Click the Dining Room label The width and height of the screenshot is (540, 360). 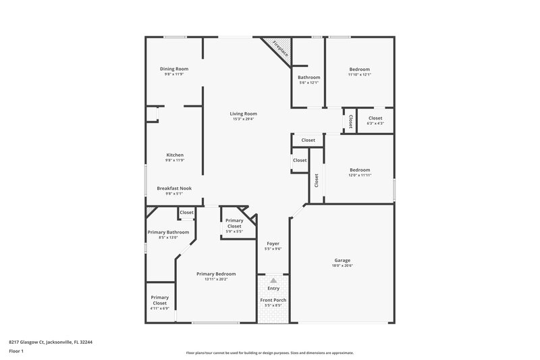pos(173,69)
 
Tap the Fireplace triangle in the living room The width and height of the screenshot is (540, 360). pos(277,49)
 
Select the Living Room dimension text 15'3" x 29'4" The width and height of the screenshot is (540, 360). pos(243,120)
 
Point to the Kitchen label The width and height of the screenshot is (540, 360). pos(174,155)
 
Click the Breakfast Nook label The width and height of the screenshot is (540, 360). pos(174,188)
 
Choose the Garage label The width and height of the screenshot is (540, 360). pos(342,260)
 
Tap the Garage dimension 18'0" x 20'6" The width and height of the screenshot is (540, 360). pos(342,265)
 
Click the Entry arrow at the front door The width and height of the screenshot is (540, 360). pos(273,280)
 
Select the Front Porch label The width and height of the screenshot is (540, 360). pos(273,299)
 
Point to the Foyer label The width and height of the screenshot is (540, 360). pos(273,243)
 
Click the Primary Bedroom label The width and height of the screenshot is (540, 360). pos(216,274)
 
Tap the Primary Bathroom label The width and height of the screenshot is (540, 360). pos(168,232)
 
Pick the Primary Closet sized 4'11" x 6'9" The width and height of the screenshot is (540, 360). pos(160,300)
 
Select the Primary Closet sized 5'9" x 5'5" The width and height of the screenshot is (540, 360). pos(234,223)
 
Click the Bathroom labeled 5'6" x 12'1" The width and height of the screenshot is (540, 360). pos(309,77)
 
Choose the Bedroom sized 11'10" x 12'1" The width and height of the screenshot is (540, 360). pos(359,69)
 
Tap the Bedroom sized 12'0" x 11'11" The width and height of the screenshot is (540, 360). pos(359,170)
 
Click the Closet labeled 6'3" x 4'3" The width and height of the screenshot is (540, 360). pos(375,118)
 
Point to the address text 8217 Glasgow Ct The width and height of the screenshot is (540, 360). pos(51,342)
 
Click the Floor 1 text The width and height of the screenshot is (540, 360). pos(17,351)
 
